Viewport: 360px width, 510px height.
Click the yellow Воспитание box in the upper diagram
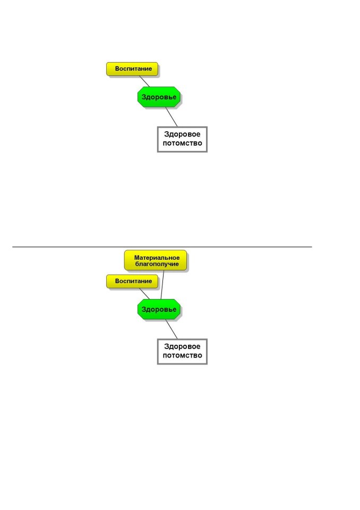[x=132, y=69]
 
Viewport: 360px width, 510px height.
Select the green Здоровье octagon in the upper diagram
[x=159, y=97]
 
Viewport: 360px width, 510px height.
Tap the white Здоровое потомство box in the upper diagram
[x=182, y=139]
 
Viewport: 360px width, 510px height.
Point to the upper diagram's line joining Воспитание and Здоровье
[x=145, y=81]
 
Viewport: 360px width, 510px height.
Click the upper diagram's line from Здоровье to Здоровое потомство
[x=172, y=117]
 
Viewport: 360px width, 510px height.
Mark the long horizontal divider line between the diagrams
[x=162, y=247]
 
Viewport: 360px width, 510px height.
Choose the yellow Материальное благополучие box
[x=156, y=260]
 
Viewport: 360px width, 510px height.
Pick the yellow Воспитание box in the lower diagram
[x=132, y=282]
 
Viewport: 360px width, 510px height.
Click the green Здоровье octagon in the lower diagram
[x=159, y=309]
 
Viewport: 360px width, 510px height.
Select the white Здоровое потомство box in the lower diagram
[x=182, y=352]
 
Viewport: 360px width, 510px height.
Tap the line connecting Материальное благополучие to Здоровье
[x=162, y=285]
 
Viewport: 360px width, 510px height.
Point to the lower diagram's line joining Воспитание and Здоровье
[x=145, y=294]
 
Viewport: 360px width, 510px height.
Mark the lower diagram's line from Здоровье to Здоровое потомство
[x=172, y=329]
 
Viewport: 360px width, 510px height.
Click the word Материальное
[x=157, y=258]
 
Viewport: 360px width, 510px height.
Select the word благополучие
[x=157, y=264]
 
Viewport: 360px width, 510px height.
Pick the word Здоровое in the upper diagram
[x=182, y=134]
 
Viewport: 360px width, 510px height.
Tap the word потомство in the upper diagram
[x=182, y=143]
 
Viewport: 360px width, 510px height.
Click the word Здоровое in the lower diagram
[x=182, y=347]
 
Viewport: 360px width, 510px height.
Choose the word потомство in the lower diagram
[x=182, y=355]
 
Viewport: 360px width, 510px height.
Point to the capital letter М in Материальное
[x=136, y=258]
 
